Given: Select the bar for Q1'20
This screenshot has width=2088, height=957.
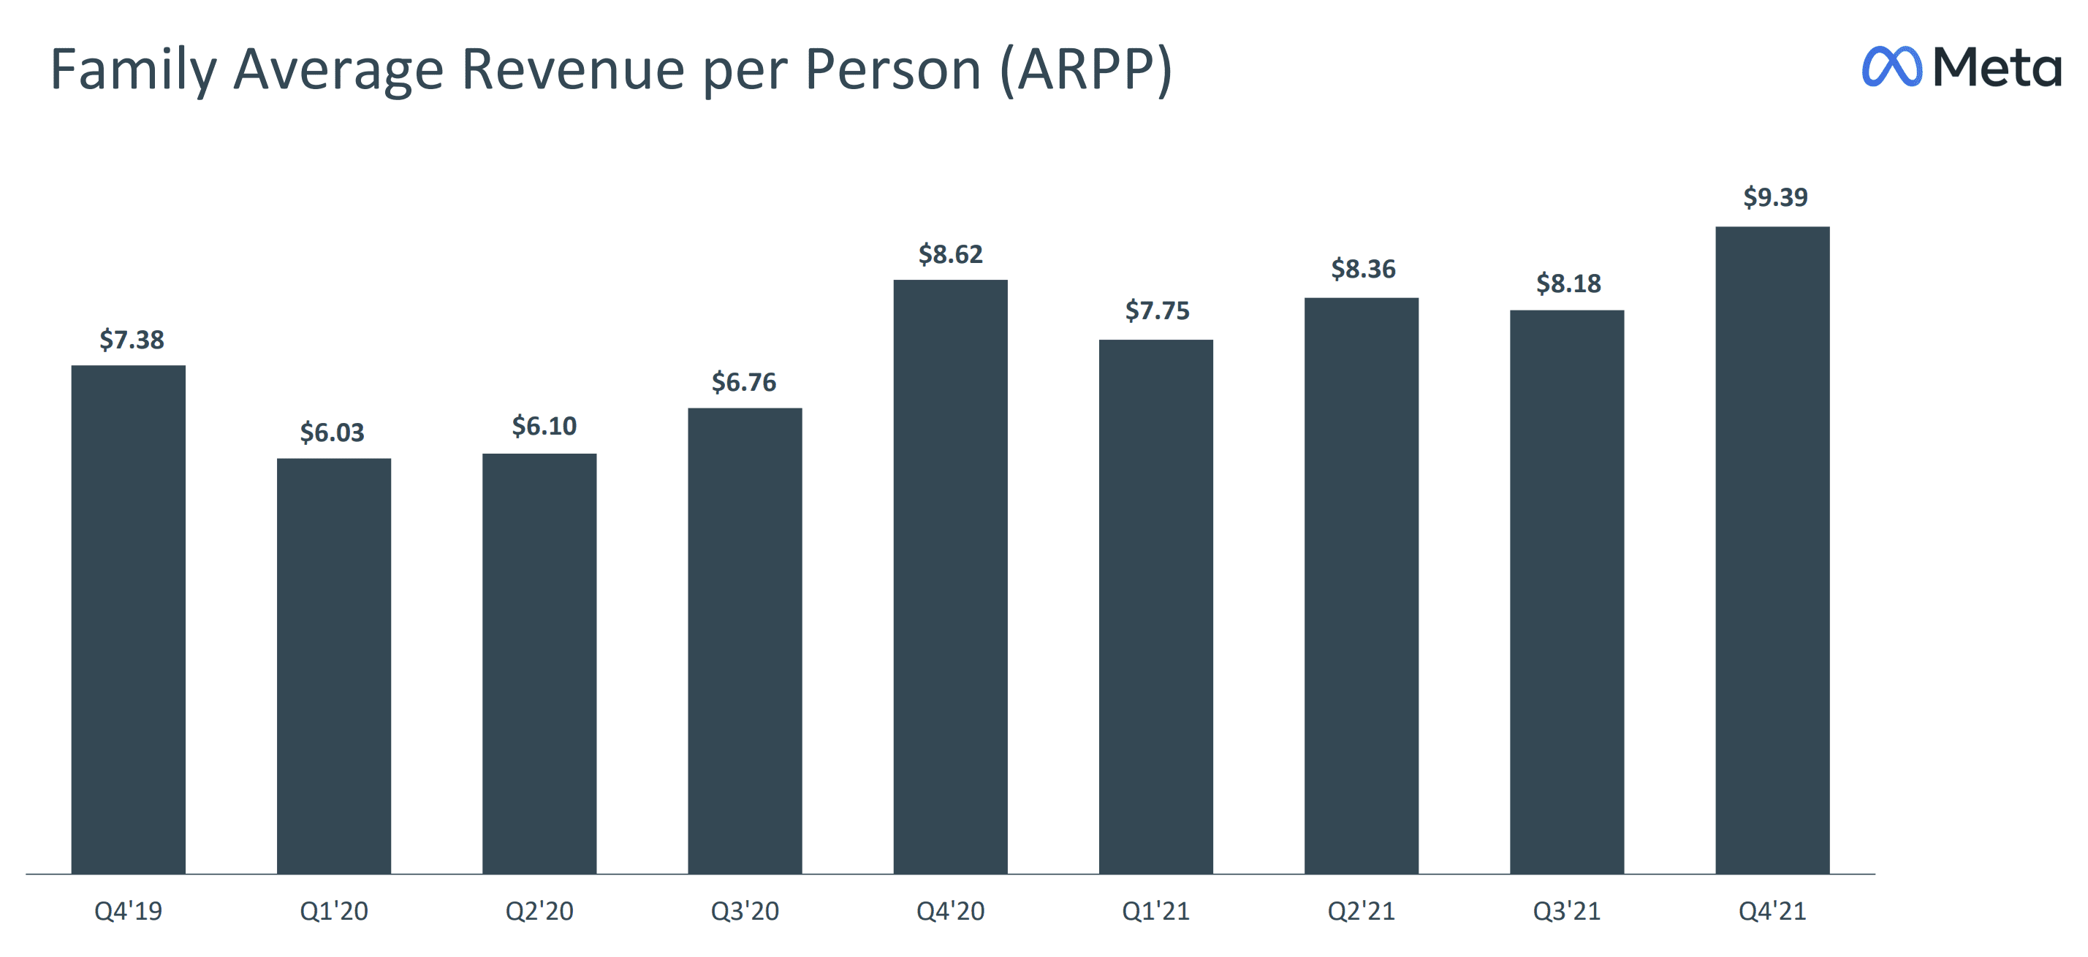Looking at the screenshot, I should (334, 666).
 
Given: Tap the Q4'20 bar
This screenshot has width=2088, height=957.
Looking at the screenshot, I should (950, 576).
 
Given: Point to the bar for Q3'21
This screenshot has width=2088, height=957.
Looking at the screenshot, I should (1566, 592).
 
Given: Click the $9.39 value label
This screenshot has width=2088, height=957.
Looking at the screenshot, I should (1775, 197).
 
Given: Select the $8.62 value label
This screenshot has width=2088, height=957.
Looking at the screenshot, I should (950, 254).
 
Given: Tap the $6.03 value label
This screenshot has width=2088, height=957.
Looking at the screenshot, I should (333, 432).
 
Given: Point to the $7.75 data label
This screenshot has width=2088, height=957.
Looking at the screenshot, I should (1157, 310).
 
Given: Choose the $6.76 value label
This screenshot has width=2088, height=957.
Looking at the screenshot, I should (743, 381).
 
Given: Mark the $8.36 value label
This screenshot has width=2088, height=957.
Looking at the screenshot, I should (1362, 269).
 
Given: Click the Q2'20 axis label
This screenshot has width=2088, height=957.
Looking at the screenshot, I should (539, 911).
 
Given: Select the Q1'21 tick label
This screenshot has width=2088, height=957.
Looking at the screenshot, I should (1156, 911).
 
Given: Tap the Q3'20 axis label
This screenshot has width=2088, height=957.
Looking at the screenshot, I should (745, 911).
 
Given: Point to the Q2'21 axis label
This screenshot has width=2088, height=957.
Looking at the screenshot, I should (1361, 911).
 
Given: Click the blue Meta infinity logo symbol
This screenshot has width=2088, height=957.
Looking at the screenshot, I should (1891, 66).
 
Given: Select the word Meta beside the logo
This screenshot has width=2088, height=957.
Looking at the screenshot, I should (1997, 66).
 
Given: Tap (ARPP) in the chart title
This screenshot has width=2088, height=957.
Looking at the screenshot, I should (1086, 71).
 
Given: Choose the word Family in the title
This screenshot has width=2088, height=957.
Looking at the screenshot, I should (134, 71).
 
